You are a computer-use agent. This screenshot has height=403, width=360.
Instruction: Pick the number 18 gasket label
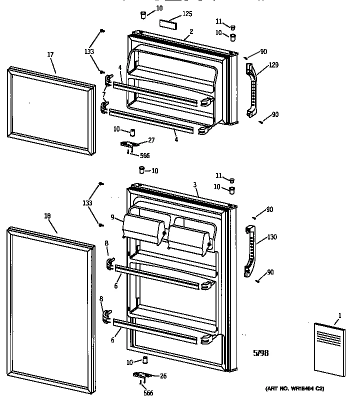47,216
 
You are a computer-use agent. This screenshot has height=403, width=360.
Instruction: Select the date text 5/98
260,352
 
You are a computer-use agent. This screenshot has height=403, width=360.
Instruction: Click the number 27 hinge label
151,140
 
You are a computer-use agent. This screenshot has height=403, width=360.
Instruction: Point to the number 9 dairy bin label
113,217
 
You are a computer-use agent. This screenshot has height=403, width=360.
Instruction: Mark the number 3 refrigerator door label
194,185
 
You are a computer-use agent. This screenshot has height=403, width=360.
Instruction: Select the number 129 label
273,65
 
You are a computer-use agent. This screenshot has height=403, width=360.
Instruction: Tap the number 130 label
272,237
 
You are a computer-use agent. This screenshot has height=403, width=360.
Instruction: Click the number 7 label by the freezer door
103,95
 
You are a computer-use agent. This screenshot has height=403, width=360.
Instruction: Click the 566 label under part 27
144,155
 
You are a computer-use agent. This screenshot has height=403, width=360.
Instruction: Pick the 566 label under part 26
148,392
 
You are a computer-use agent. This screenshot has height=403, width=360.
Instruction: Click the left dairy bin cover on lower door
143,230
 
